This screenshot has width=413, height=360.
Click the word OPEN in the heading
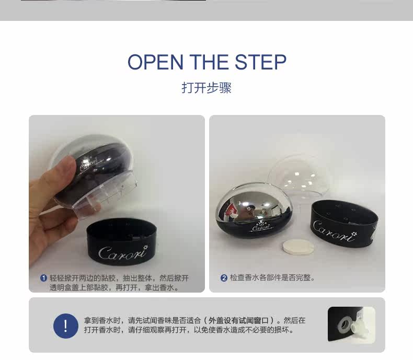[x=155, y=62]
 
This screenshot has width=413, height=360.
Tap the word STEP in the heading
[x=260, y=62]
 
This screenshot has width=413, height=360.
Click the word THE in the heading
[x=209, y=62]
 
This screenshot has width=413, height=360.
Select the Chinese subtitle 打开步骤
[x=206, y=88]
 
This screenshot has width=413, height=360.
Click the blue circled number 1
[x=43, y=278]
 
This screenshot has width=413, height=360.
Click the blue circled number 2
[x=224, y=278]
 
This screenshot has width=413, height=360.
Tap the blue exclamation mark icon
[x=66, y=326]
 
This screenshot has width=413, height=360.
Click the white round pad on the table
[x=298, y=247]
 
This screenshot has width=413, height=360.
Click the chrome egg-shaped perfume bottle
[x=254, y=210]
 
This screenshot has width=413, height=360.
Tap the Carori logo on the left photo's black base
[x=123, y=253]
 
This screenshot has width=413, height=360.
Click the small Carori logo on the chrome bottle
[x=261, y=226]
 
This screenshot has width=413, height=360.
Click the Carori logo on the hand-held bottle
[x=88, y=164]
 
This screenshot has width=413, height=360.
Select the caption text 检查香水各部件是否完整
[x=270, y=277]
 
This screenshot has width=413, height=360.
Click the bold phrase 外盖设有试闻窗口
[x=238, y=320]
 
